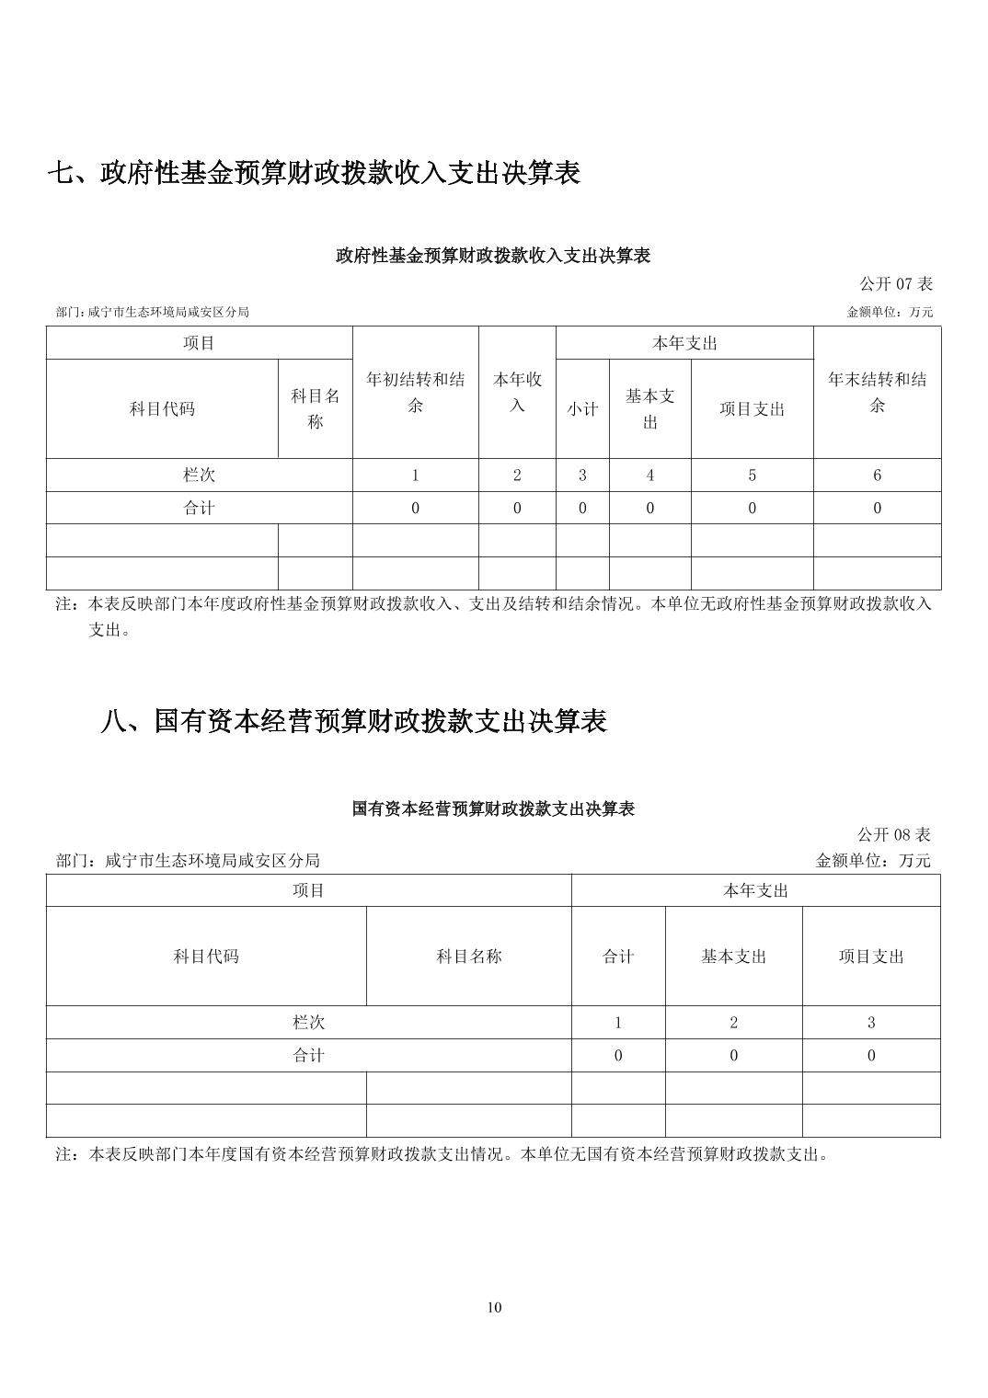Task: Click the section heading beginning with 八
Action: (x=353, y=721)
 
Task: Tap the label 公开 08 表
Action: (x=894, y=834)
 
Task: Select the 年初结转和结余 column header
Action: (x=415, y=392)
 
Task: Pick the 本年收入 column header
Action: (x=517, y=392)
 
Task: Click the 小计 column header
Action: (x=582, y=409)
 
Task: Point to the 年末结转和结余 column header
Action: (x=877, y=392)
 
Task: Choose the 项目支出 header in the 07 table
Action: (x=752, y=409)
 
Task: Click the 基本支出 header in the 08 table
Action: (x=733, y=957)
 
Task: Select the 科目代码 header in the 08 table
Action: (x=206, y=957)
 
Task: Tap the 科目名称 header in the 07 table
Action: (x=316, y=409)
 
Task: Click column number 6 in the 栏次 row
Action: (x=877, y=476)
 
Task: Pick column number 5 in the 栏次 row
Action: (x=752, y=476)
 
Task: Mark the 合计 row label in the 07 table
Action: (x=200, y=508)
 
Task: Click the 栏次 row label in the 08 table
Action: (x=308, y=1023)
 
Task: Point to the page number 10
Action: (x=494, y=1308)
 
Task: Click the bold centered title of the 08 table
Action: (x=494, y=809)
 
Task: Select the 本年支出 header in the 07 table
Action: (x=684, y=343)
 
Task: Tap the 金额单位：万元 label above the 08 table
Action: (x=873, y=861)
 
